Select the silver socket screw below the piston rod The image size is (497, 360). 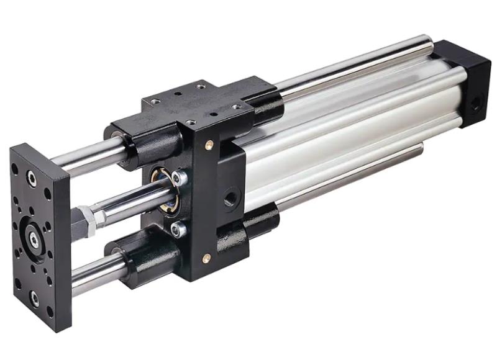pos(178,230)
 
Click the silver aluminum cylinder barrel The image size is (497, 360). pos(348,137)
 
